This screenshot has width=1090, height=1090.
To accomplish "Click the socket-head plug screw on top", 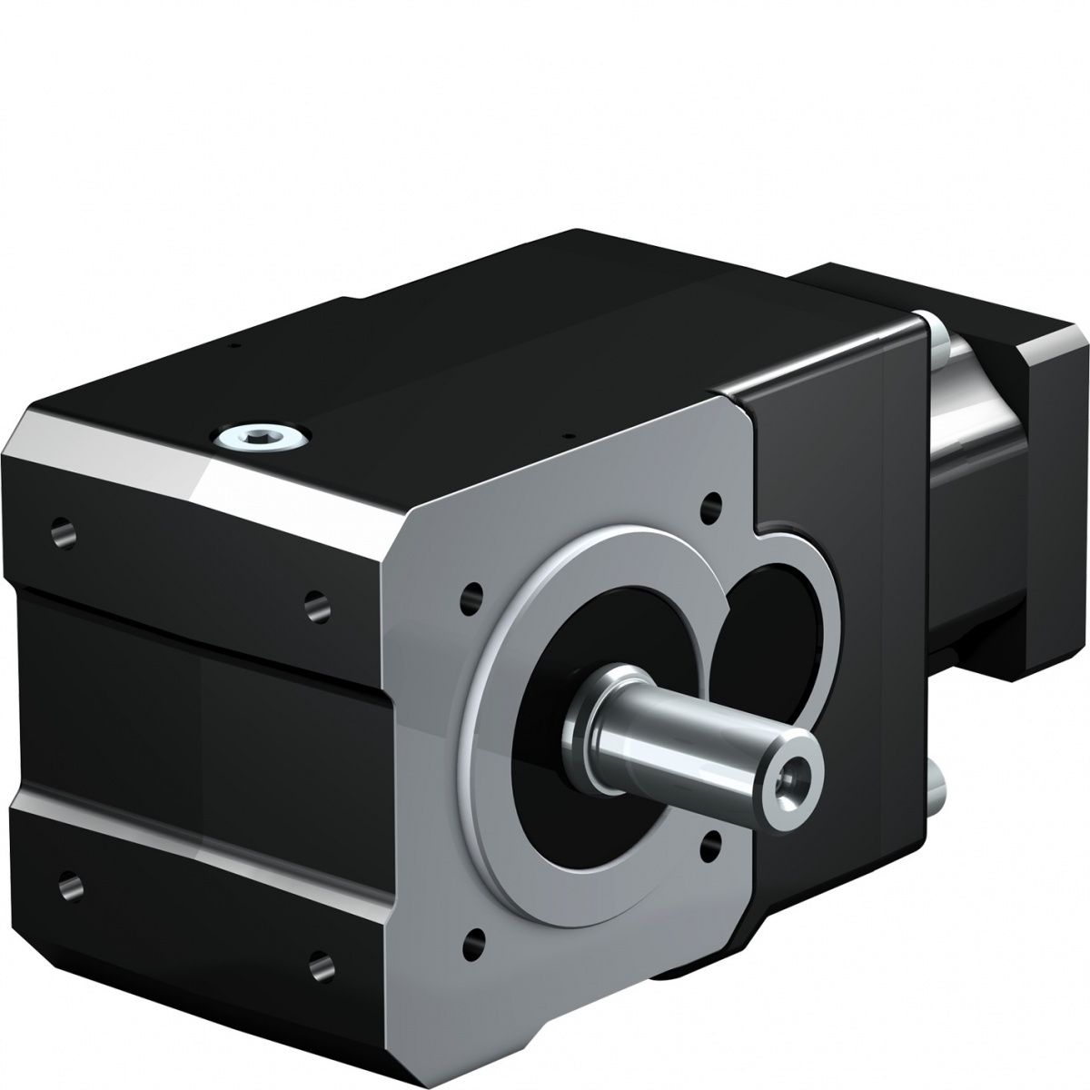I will click(x=262, y=439).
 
